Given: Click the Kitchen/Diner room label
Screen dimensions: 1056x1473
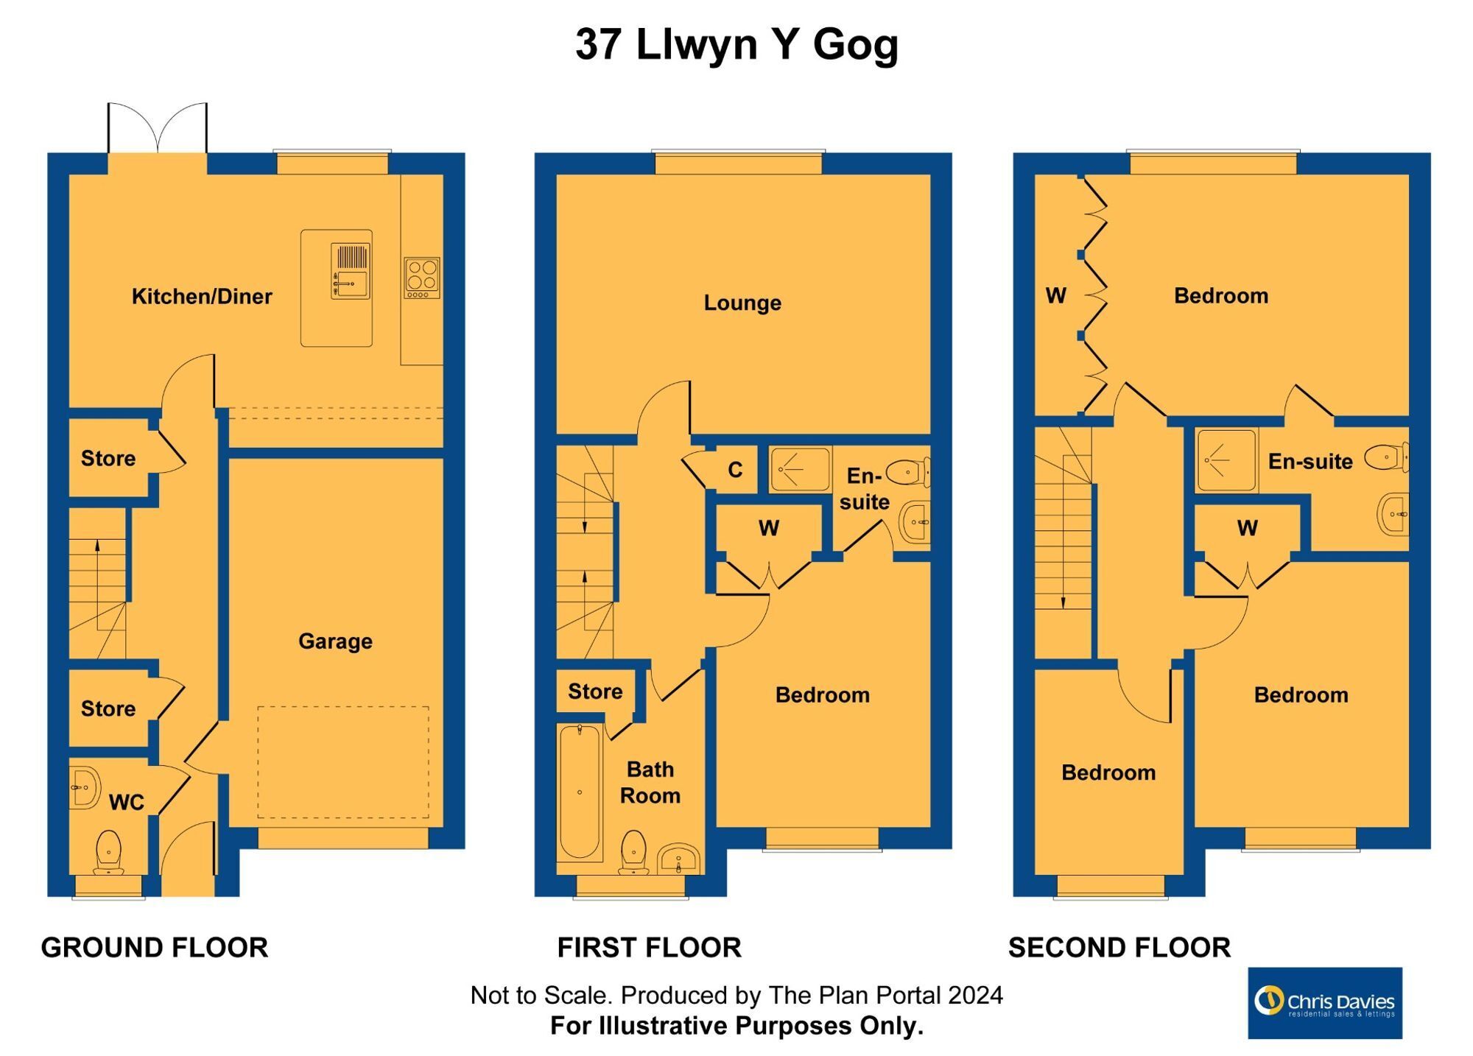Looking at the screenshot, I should [202, 297].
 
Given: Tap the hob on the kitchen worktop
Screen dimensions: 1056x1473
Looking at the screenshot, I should [422, 278].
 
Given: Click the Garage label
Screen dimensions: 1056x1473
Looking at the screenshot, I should [335, 641].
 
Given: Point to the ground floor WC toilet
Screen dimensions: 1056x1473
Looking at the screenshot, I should [109, 852].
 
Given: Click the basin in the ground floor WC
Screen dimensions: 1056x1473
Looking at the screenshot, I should [85, 787].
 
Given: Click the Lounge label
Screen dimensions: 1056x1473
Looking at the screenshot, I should [742, 303].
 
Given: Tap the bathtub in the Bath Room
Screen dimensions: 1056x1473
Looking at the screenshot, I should [580, 792].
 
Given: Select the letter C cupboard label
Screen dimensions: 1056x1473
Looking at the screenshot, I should [735, 471].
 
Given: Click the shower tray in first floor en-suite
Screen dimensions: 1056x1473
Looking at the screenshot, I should [800, 469].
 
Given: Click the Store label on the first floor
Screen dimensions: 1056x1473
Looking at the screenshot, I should [595, 691].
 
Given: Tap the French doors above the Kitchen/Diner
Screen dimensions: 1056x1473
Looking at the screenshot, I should [158, 129].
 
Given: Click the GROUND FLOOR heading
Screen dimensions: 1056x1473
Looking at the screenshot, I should [155, 948].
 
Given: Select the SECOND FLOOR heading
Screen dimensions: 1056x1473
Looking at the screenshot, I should [1119, 948].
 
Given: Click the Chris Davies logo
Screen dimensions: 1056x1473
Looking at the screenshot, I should [1324, 1003].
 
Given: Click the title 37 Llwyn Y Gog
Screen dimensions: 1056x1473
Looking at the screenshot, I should [736, 44].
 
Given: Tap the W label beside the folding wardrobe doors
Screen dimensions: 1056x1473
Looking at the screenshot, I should [1055, 296].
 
